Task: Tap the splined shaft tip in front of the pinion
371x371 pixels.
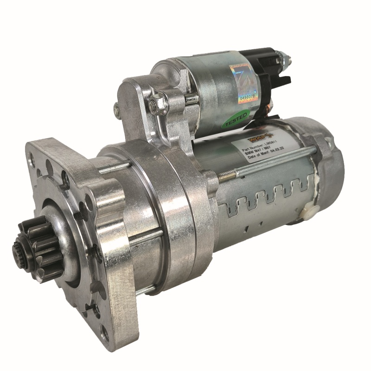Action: (x=19, y=250)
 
